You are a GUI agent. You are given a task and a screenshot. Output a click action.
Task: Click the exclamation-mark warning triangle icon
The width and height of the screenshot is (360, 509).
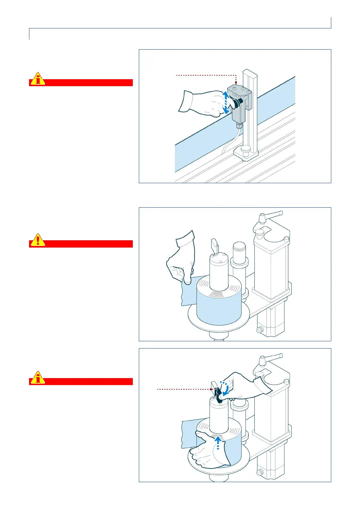tap(38, 240)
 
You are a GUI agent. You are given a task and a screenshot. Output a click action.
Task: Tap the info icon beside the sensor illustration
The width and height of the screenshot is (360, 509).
tap(38, 79)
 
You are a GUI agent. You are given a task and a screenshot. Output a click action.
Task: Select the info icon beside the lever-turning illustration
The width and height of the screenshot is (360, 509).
tap(38, 378)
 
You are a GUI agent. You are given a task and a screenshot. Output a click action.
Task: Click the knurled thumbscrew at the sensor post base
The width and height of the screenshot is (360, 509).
tap(246, 149)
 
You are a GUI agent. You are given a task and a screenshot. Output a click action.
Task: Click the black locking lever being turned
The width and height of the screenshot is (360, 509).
tap(218, 394)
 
